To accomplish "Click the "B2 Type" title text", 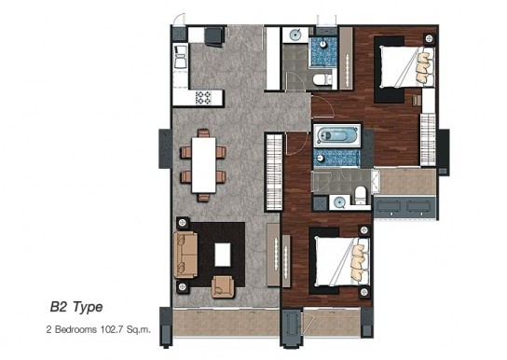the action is coord(76,307).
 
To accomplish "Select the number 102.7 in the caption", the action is coord(112,330).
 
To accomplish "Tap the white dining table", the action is coord(203,165).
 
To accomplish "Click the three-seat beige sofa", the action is coord(185,255).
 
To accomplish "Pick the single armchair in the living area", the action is coord(223,286).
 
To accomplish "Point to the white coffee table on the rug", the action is coord(223,255).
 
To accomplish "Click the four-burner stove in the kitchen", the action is coord(203,97).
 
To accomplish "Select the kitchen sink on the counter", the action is coord(181,57).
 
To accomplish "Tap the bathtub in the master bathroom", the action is coord(336,136).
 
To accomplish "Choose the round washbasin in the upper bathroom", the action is coord(295,35).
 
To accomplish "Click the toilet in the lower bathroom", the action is coord(360,195).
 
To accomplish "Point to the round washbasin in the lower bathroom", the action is coord(339,202).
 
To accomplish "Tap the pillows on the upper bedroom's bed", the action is coord(423,67).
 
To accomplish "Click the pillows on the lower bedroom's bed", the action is coord(358,261).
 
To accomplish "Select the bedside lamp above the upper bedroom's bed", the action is coord(429,38).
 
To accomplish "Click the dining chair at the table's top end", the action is coord(203,133).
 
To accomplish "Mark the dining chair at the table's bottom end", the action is coord(203,198).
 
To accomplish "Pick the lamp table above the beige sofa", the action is coord(183,223).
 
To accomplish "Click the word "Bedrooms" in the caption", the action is coord(76,330).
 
